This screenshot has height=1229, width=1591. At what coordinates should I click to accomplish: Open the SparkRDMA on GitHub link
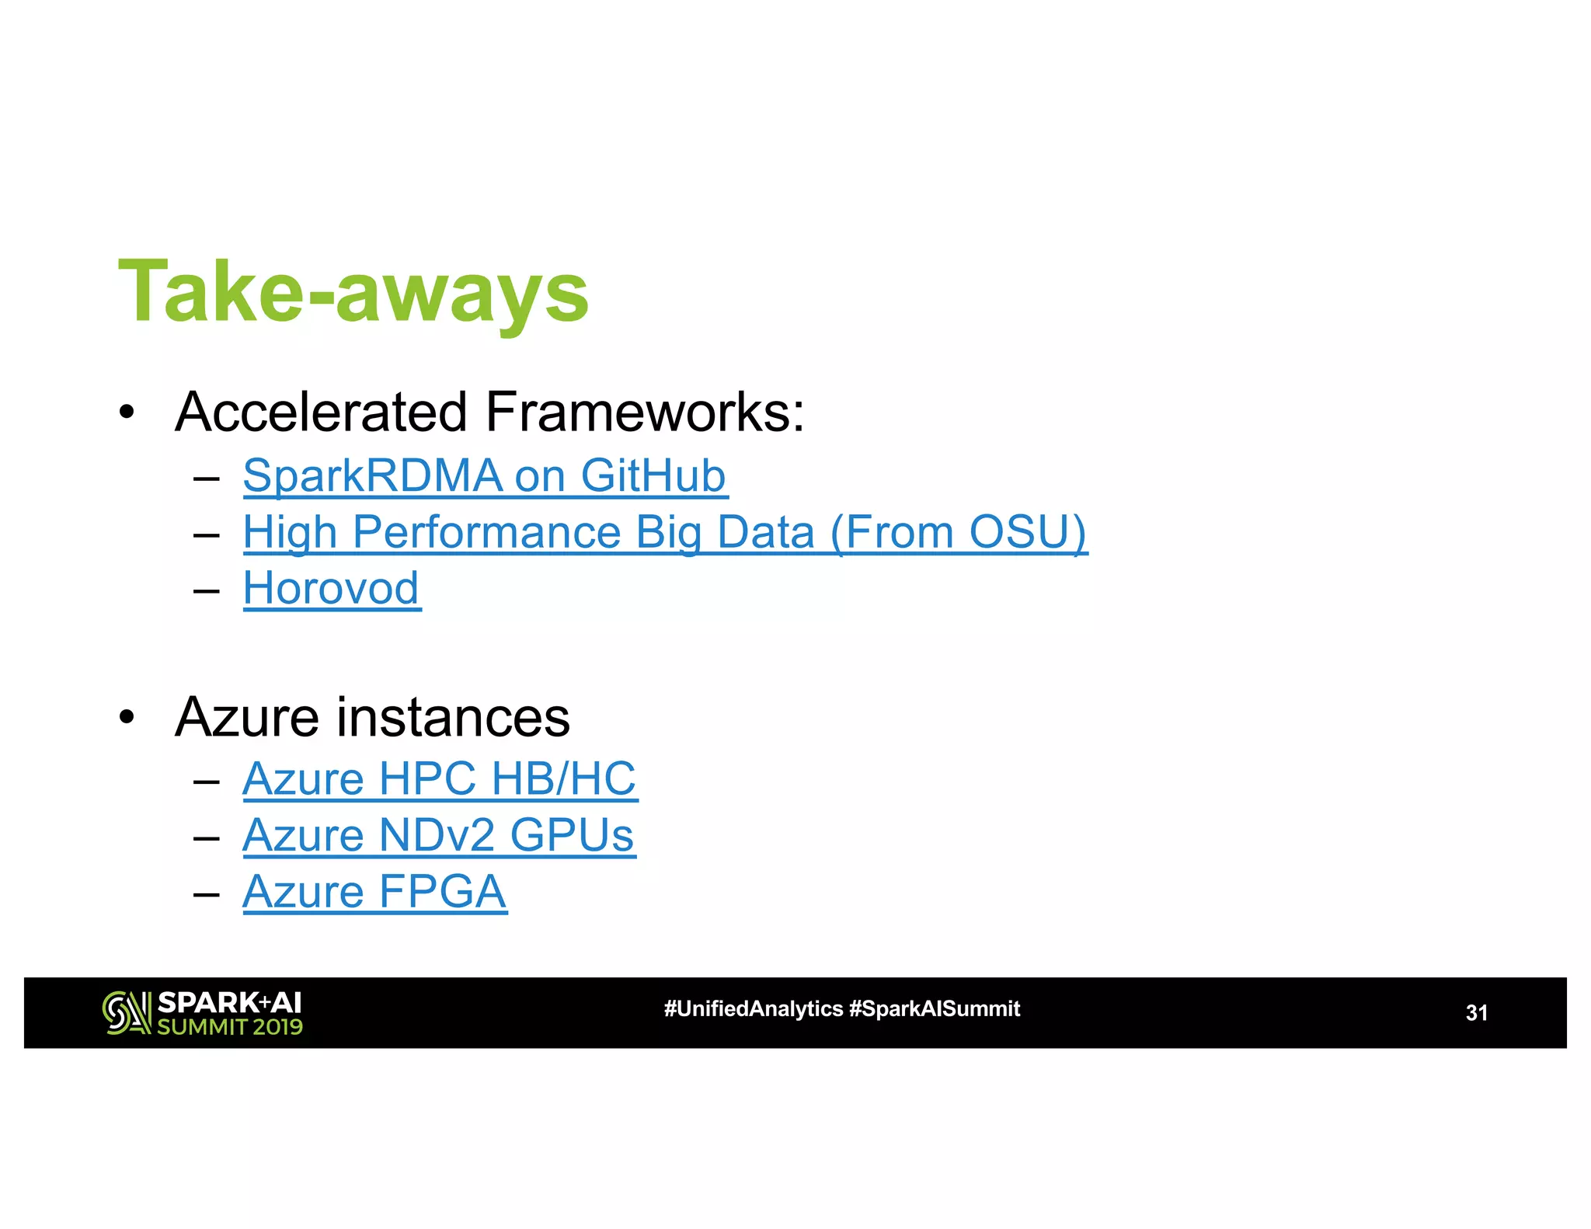(x=485, y=475)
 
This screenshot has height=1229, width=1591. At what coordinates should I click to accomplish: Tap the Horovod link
(x=332, y=588)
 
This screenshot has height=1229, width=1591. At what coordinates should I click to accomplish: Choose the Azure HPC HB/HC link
(x=440, y=778)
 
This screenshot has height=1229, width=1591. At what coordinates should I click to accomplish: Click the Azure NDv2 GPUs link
(x=439, y=835)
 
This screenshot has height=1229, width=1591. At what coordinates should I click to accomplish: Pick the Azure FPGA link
(x=374, y=892)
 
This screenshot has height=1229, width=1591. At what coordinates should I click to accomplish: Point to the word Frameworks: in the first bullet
(x=645, y=412)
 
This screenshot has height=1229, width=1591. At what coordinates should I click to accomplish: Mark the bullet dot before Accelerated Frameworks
(x=127, y=413)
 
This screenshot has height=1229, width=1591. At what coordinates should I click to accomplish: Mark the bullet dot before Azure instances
(x=127, y=717)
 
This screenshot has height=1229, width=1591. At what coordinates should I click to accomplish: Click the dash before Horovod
(x=207, y=590)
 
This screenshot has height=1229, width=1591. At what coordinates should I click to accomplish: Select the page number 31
(x=1476, y=1013)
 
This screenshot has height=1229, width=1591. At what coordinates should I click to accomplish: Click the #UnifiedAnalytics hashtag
(x=753, y=1009)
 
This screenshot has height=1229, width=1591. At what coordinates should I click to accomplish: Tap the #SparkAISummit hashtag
(x=935, y=1009)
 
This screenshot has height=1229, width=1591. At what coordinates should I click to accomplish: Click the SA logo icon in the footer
(x=126, y=1013)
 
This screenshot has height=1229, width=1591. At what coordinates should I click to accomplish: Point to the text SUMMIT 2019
(x=230, y=1027)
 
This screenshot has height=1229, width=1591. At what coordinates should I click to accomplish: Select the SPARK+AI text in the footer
(x=230, y=1002)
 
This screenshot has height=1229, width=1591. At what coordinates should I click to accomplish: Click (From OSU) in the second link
(x=959, y=532)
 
